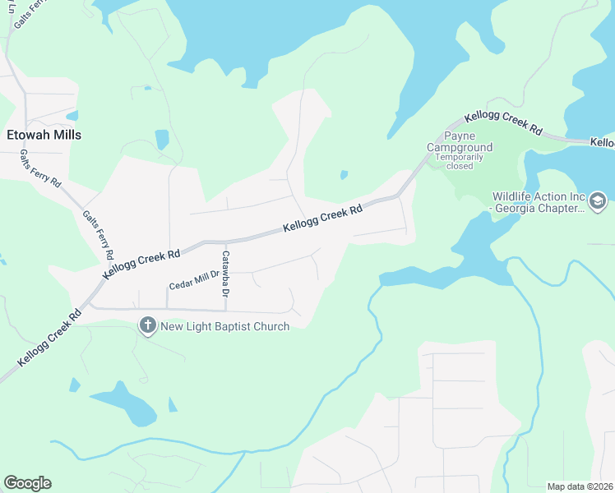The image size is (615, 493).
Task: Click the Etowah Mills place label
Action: (x=44, y=135)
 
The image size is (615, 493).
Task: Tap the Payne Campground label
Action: (x=460, y=141)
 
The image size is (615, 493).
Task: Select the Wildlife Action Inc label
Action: (x=539, y=197)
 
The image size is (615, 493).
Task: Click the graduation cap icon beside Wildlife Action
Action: (x=598, y=200)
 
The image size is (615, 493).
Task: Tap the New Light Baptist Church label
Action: (x=224, y=326)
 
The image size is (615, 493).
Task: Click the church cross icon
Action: (x=148, y=326)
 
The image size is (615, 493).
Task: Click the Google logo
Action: (x=27, y=483)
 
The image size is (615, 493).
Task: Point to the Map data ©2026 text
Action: (x=580, y=486)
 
